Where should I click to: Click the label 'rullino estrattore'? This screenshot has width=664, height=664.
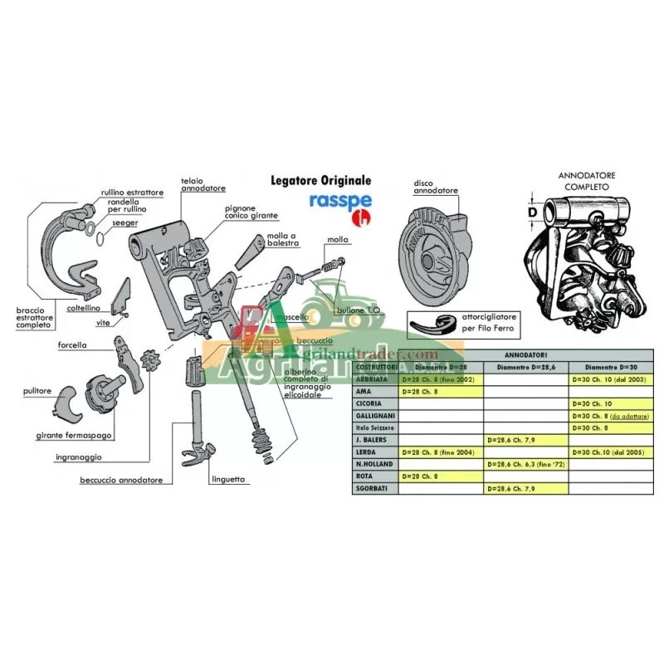132,193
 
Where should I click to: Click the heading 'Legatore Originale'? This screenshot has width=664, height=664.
321,180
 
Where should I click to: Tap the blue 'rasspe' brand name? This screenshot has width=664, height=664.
333,201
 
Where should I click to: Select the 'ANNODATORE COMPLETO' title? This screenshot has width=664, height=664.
588,182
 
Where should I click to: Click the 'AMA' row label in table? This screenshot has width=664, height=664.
363,389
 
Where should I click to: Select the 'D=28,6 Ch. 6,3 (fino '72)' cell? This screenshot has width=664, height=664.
525,465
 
